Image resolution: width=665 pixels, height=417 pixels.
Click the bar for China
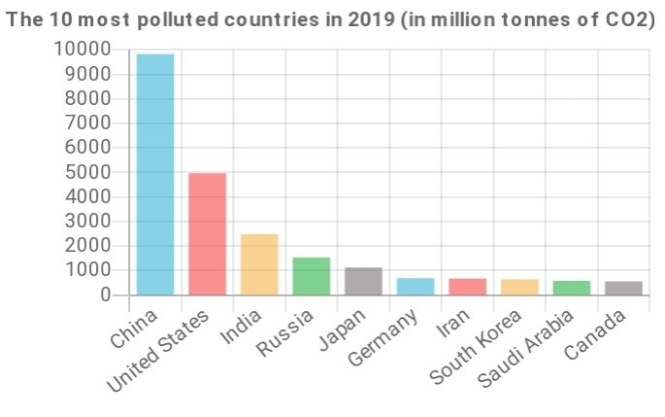coord(155,174)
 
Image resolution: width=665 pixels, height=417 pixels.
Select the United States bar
coord(207,233)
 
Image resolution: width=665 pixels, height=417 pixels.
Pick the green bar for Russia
coord(312,275)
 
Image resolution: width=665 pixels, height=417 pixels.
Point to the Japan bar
coord(363,281)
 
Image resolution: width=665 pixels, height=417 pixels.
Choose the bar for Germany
coord(416,286)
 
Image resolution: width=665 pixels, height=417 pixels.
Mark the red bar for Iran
coord(467,286)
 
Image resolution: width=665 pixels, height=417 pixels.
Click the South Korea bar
coord(519,287)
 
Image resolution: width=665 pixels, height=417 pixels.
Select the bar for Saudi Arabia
coord(571,288)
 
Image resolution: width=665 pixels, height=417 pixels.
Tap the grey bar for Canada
coord(623,288)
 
